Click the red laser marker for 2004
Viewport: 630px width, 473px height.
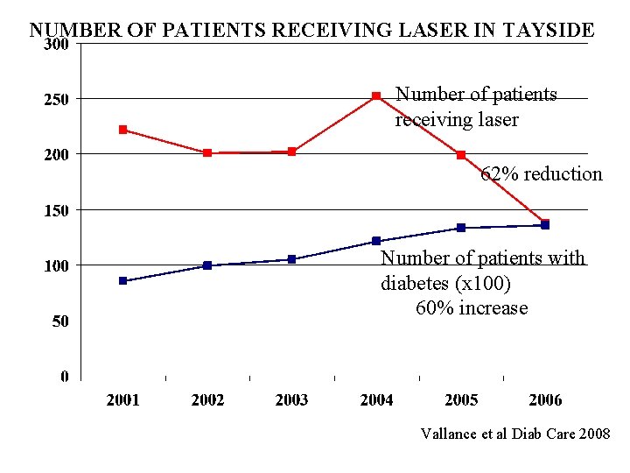[x=376, y=95]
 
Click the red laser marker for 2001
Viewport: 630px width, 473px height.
[x=123, y=130]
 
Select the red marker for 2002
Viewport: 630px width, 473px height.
[x=207, y=152]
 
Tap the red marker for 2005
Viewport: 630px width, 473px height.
[x=461, y=155]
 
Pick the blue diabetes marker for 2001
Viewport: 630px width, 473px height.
[x=123, y=280]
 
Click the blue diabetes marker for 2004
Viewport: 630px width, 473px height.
[x=376, y=241]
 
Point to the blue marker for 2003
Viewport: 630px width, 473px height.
[x=292, y=259]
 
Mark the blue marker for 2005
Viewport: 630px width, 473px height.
[x=461, y=228]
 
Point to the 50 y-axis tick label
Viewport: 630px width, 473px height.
[x=60, y=321]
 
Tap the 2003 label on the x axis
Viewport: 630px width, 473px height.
[x=291, y=400]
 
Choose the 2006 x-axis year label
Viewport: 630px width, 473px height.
[x=545, y=400]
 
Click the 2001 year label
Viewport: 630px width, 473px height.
[x=123, y=400]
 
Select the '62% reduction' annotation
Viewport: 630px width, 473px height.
[x=542, y=174]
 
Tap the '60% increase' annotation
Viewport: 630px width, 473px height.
[x=472, y=308]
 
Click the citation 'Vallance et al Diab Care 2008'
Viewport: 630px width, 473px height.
[x=515, y=434]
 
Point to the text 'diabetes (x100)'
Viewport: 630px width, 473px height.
[x=446, y=284]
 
